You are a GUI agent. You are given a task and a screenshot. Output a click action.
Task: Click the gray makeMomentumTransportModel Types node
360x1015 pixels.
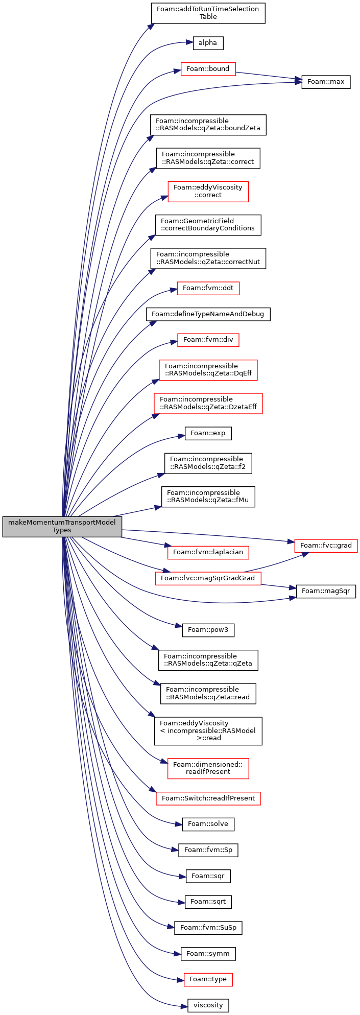click(62, 526)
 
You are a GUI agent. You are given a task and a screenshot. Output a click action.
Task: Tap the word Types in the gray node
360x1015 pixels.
click(62, 530)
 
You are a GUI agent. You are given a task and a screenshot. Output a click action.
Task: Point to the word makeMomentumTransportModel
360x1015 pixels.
click(62, 523)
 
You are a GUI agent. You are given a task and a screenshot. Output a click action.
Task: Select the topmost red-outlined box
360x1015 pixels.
click(208, 69)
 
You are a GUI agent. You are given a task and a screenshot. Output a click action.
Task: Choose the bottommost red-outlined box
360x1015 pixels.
click(208, 979)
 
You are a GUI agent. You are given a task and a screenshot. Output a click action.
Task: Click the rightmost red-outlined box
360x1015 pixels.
click(326, 546)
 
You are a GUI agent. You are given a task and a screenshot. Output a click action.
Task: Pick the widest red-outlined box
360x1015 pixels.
click(208, 404)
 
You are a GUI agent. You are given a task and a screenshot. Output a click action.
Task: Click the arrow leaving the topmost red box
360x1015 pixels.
click(266, 76)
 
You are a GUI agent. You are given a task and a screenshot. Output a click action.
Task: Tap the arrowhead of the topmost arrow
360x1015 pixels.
click(152, 25)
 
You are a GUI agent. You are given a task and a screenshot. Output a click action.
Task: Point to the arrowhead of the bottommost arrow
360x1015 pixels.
click(185, 1006)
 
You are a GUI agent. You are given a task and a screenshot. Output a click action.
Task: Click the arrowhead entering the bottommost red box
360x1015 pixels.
click(181, 980)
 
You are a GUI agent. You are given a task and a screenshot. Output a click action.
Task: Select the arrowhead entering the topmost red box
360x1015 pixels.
click(178, 70)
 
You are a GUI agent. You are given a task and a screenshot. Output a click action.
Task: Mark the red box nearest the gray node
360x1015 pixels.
click(208, 552)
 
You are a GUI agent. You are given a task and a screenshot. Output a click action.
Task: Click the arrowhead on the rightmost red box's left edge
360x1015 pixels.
click(291, 541)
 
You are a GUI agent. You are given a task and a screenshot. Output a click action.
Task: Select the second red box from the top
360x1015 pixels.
click(208, 192)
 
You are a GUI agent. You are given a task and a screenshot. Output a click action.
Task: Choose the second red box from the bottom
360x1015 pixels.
click(208, 798)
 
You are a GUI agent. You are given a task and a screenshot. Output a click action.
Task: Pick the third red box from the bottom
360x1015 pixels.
click(208, 768)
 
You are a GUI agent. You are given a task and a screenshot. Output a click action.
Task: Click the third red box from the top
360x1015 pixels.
click(208, 288)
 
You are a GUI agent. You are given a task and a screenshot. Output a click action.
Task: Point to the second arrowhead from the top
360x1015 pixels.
click(190, 42)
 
